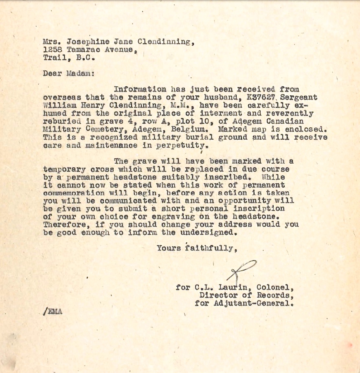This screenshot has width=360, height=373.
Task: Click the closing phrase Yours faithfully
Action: (x=196, y=248)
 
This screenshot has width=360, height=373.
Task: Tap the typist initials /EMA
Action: (x=53, y=312)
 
